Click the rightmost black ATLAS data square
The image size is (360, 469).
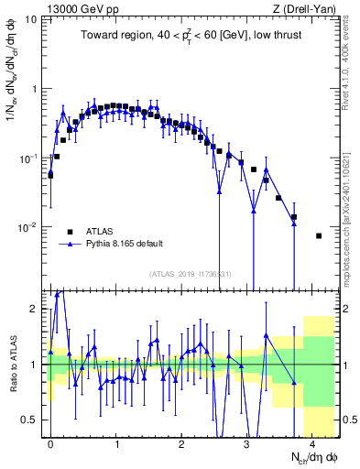[x=319, y=235]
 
